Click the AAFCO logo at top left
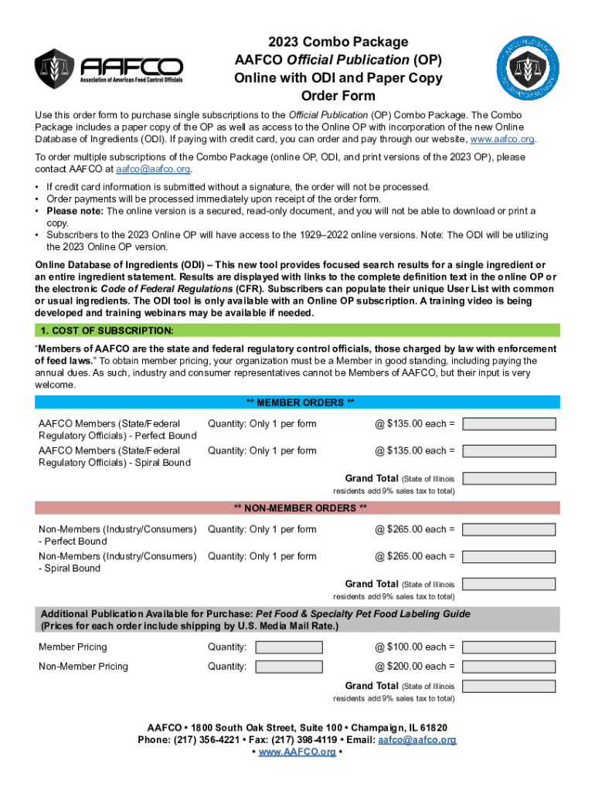click(109, 69)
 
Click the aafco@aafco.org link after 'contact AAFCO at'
click(153, 168)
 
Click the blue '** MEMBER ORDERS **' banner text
click(300, 402)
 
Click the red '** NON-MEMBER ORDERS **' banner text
click(300, 508)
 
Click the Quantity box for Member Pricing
click(289, 647)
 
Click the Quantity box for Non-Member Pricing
click(289, 667)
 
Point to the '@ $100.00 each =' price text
click(415, 647)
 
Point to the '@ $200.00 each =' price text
click(415, 667)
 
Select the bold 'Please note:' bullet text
click(75, 211)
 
